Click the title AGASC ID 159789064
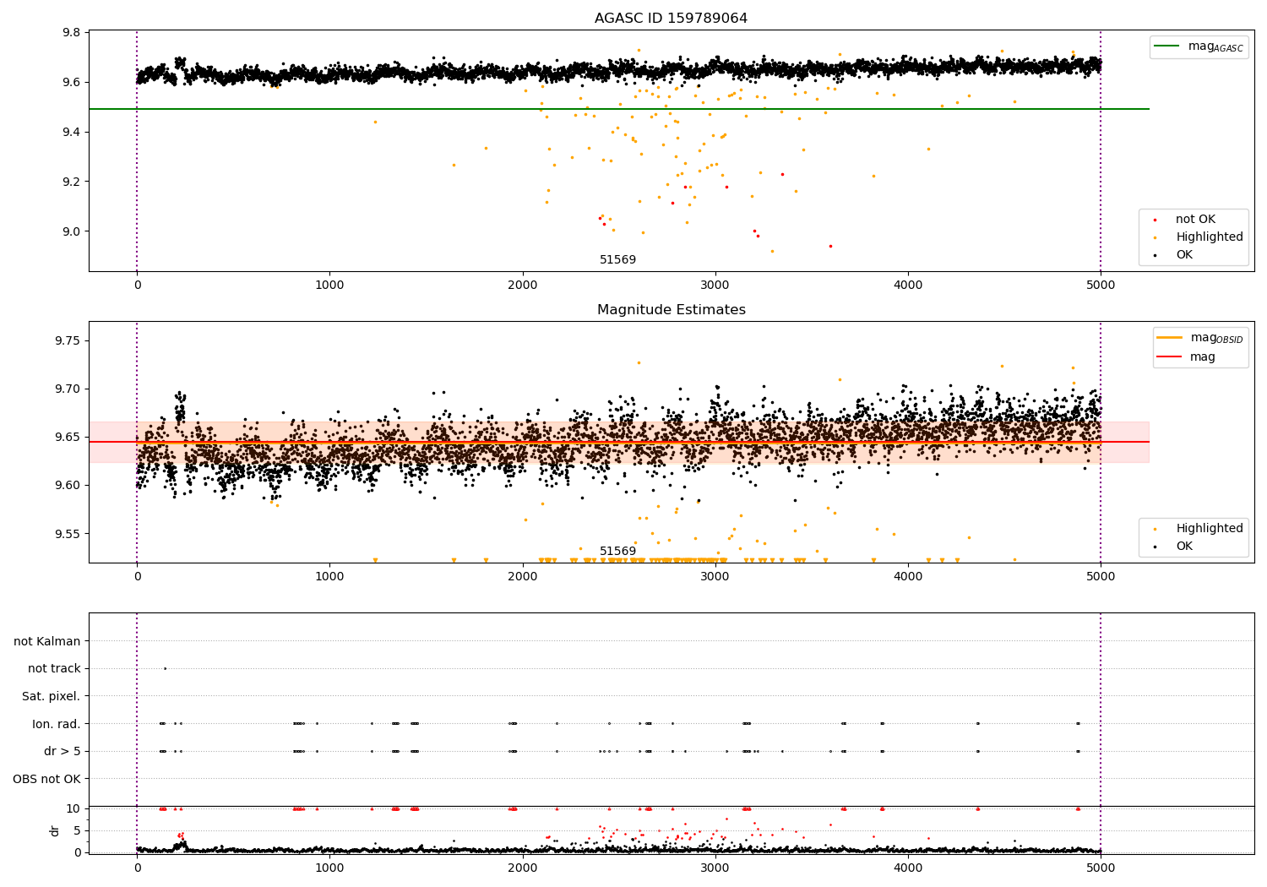(x=671, y=19)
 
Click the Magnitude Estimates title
(x=671, y=310)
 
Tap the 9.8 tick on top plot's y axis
(x=71, y=32)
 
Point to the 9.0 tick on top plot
(x=71, y=231)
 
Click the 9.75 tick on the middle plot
(x=68, y=340)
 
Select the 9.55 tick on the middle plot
(x=68, y=534)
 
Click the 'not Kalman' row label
(x=47, y=641)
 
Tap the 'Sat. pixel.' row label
(x=51, y=696)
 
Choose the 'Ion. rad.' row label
(x=56, y=724)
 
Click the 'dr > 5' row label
(x=62, y=751)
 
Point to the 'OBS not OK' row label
(x=46, y=779)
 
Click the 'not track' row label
(x=54, y=669)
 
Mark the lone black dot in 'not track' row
(x=165, y=668)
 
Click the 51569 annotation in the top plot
(x=617, y=260)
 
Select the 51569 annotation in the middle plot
(x=617, y=552)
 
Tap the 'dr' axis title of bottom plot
(x=55, y=830)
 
